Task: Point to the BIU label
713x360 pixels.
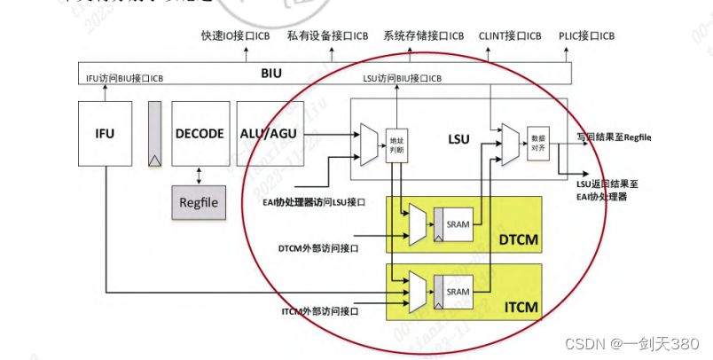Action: (271, 73)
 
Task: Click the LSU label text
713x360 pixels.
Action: (458, 138)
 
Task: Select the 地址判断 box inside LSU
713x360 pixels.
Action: (396, 146)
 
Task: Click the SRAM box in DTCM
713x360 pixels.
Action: (458, 224)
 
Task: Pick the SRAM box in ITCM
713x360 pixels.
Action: (458, 292)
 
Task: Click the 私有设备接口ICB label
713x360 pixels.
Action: (326, 35)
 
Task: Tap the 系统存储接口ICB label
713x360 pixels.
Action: (423, 35)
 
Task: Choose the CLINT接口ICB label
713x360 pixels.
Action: (509, 35)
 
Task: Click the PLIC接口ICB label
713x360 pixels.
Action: (586, 35)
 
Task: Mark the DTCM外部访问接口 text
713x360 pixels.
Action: (317, 247)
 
